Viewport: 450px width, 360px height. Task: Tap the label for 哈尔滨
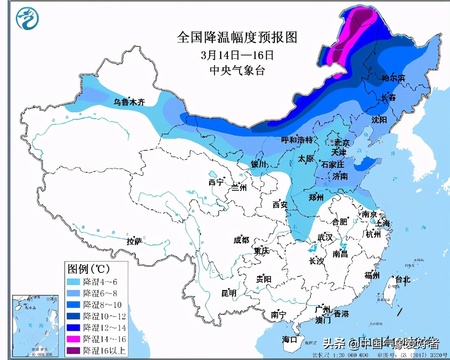pos(394,78)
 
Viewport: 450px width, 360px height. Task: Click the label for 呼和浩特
pos(297,140)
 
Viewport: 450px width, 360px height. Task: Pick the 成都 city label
pos(241,240)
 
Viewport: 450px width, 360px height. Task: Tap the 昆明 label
pos(229,293)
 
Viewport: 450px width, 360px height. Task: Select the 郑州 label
pos(316,198)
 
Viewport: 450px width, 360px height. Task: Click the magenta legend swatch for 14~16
pos(74,339)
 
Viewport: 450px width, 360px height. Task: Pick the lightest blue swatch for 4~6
pos(74,281)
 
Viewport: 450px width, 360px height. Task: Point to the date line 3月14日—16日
pos(237,55)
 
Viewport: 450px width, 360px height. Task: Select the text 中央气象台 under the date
pos(237,70)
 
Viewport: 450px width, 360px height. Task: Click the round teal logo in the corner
pos(27,18)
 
